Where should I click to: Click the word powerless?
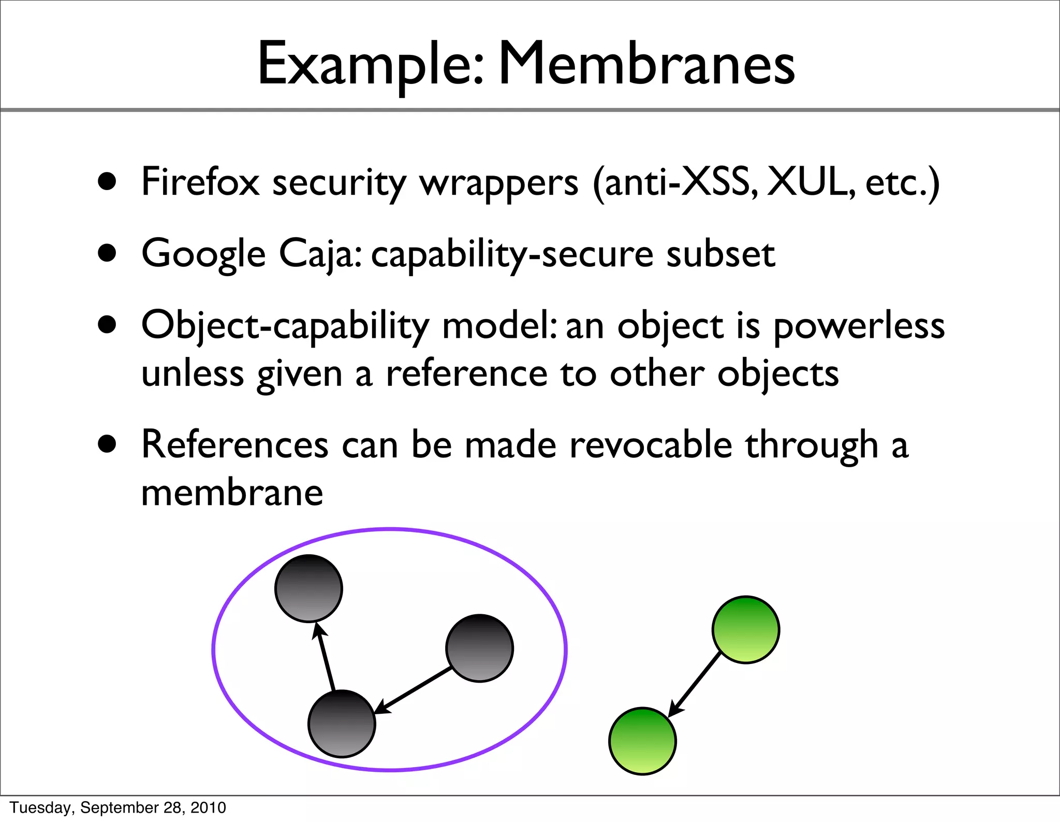tap(859, 327)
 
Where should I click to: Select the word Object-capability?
tap(285, 327)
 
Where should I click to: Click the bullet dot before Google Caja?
tap(107, 254)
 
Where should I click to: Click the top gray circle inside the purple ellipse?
tap(308, 588)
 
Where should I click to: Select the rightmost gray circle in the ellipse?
tap(479, 648)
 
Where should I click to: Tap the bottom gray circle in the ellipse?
tap(342, 723)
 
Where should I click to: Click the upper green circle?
tap(745, 629)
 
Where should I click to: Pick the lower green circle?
tap(642, 741)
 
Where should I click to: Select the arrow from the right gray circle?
tap(414, 690)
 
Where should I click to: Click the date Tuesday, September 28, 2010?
tap(118, 807)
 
